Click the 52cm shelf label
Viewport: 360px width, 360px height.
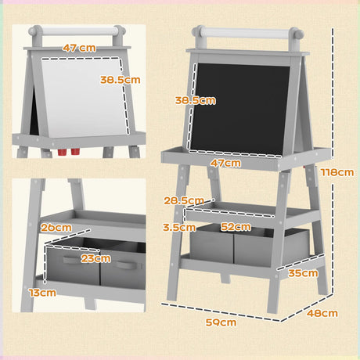[x=237, y=227]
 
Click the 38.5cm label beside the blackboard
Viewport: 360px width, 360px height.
[x=195, y=101]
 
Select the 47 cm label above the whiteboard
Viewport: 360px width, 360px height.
[x=78, y=48]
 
